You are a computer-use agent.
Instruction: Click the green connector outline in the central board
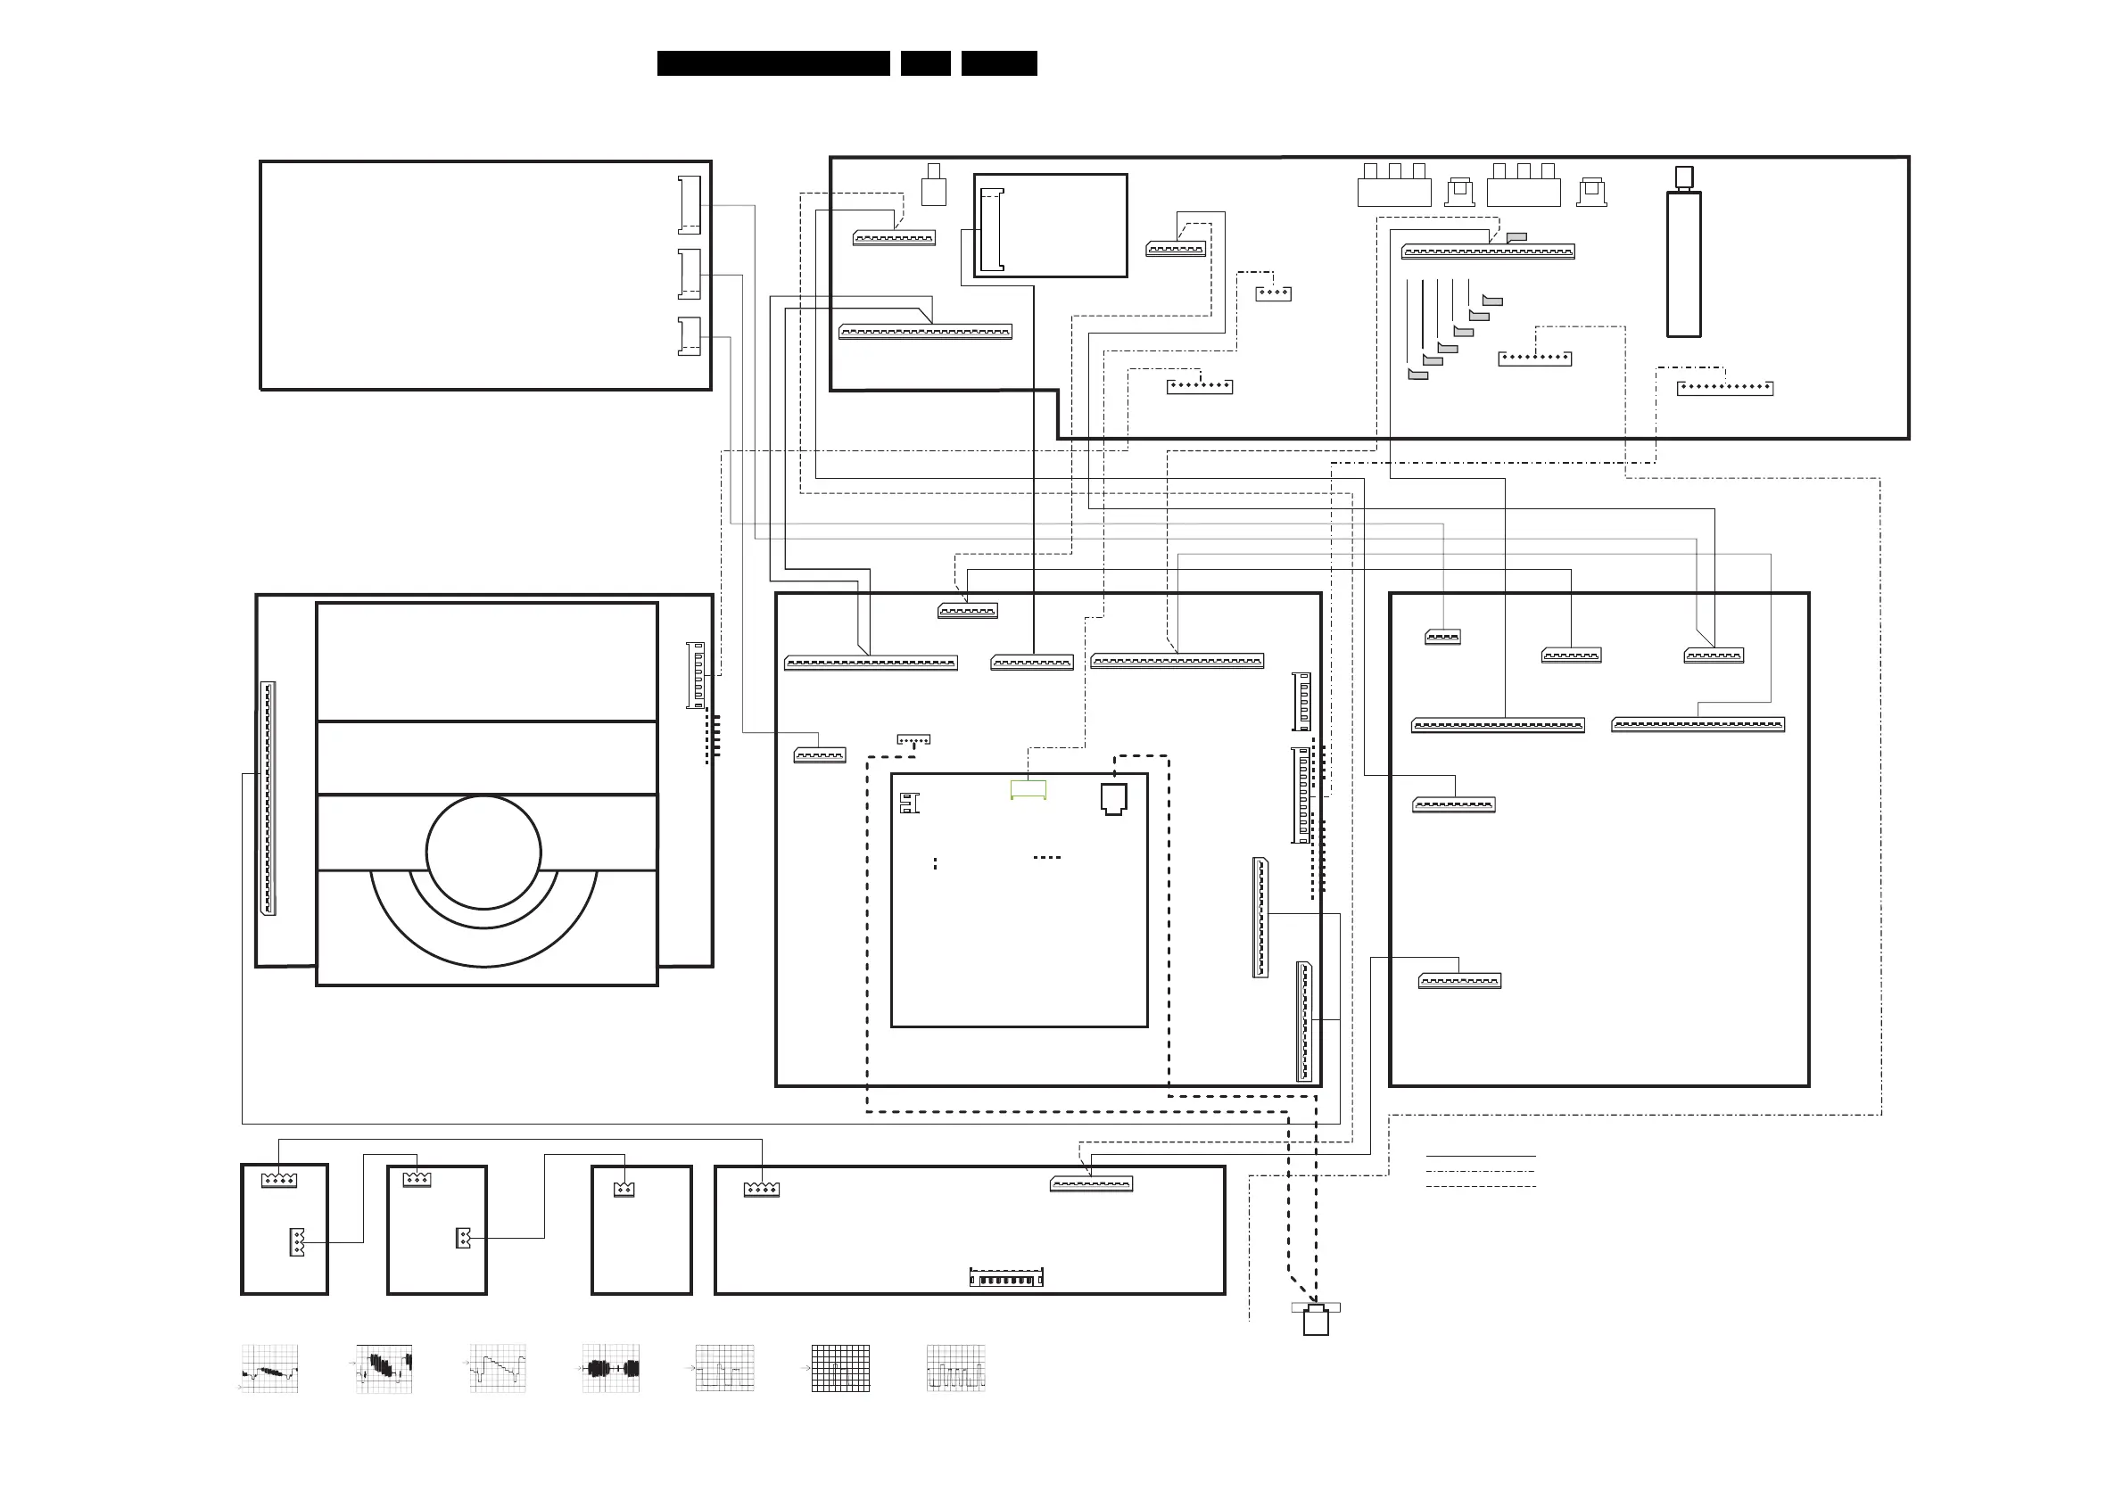point(1028,789)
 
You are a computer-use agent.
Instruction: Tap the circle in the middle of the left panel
point(483,853)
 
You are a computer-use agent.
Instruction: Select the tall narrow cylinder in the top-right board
point(1683,262)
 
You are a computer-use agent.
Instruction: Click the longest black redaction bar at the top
point(773,62)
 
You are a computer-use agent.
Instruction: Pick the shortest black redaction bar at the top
point(925,62)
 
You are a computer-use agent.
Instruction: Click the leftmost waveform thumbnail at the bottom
point(269,1369)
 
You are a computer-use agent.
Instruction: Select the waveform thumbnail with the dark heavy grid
point(840,1369)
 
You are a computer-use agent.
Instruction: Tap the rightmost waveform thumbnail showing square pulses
point(955,1369)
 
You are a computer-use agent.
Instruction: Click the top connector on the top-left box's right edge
point(689,204)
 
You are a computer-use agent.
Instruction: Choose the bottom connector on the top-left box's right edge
point(689,336)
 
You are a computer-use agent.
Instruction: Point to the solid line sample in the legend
point(1481,1155)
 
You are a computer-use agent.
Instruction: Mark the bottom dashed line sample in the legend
point(1481,1186)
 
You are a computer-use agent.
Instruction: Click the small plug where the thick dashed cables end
point(1316,1320)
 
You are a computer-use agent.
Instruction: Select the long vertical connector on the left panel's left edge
point(268,798)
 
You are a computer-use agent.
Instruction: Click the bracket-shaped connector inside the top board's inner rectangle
point(991,230)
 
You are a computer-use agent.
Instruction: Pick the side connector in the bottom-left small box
point(297,1241)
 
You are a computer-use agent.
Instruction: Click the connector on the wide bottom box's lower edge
point(1006,1277)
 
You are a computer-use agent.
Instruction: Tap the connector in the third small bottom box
point(624,1189)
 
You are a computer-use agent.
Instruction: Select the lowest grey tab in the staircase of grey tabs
point(1417,375)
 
